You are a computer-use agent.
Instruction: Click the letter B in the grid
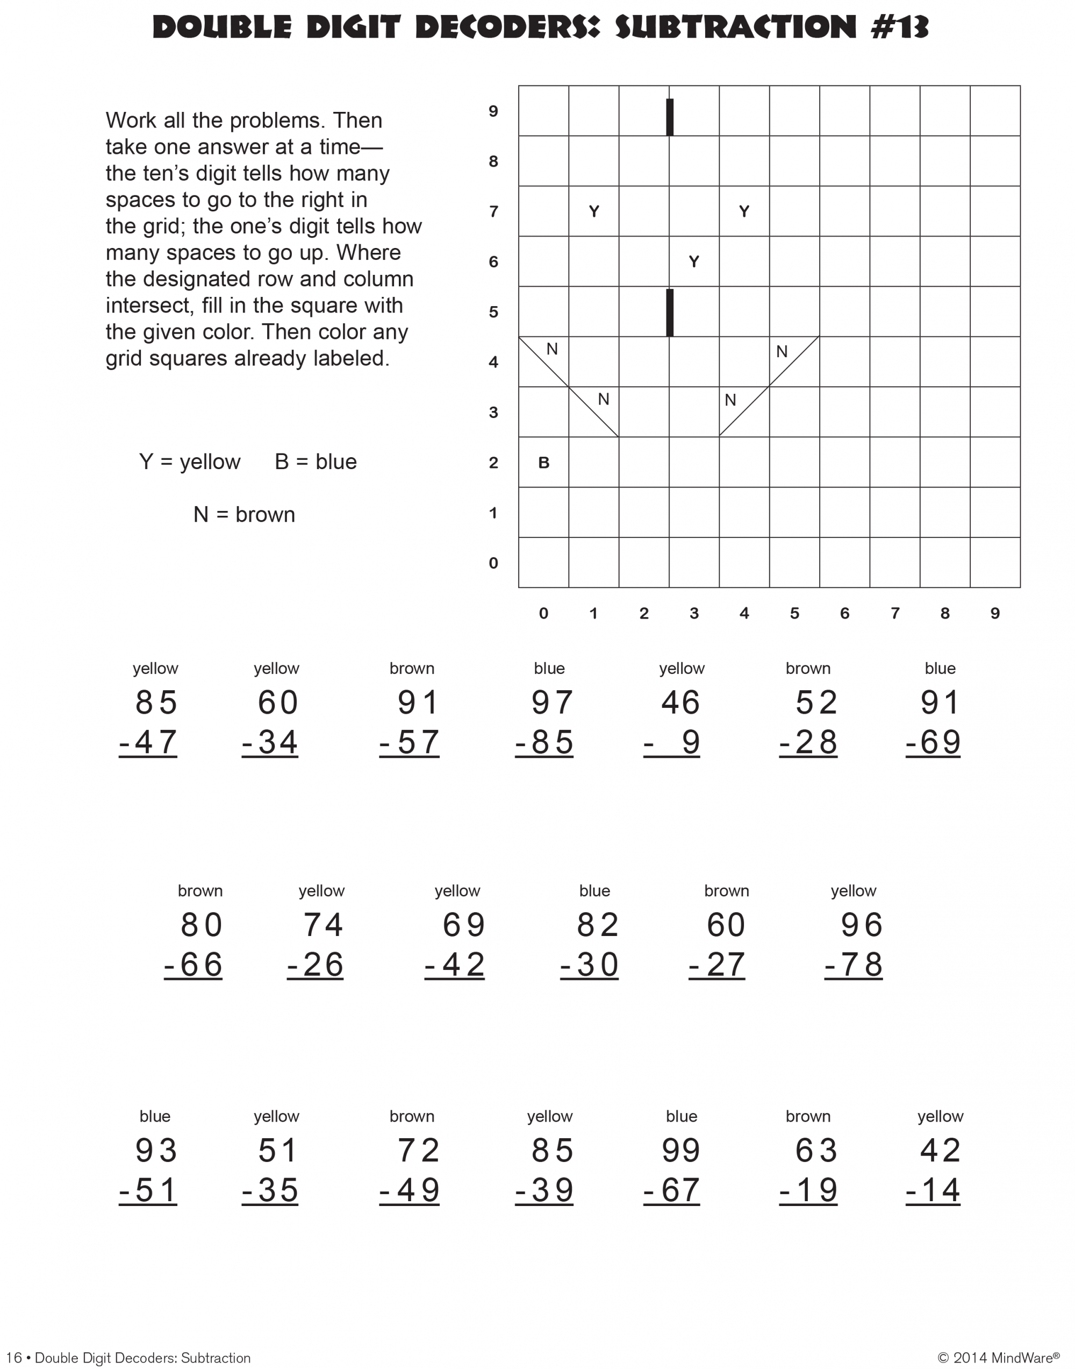click(544, 463)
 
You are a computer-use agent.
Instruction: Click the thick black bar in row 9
click(670, 117)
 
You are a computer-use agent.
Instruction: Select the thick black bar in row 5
click(670, 313)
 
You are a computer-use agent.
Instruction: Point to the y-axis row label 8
click(493, 161)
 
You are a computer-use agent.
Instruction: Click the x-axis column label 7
click(894, 613)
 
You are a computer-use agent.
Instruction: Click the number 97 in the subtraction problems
click(552, 702)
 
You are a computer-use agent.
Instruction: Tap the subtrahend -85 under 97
click(544, 742)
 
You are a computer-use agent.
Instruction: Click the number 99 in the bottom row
click(681, 1151)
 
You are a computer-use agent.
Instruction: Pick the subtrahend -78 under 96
click(854, 964)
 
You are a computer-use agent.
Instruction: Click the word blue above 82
click(594, 890)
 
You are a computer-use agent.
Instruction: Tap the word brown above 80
click(200, 890)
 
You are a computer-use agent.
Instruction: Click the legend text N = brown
click(244, 514)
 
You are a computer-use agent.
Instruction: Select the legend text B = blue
click(316, 462)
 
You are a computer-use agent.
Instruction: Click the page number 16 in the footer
click(14, 1358)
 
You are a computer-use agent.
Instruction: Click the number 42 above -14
click(940, 1151)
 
